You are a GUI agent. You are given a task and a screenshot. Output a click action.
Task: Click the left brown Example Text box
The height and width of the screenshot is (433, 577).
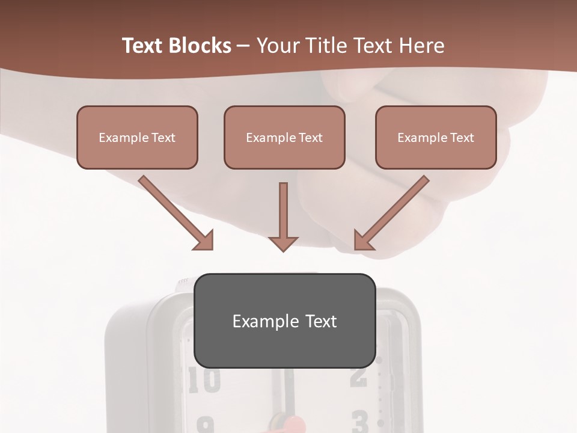click(137, 137)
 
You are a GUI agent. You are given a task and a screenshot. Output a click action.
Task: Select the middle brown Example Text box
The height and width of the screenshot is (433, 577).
click(284, 137)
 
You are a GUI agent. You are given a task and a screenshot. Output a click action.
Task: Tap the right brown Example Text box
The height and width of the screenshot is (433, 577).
click(436, 137)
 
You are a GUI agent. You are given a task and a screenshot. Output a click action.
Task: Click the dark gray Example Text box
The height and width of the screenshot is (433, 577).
click(284, 321)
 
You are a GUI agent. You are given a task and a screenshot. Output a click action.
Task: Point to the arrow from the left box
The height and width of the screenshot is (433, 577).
click(174, 211)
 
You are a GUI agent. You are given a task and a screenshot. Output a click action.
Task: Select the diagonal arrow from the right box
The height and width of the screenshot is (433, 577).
click(393, 211)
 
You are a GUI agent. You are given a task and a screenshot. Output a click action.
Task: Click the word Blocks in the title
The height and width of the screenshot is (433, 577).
click(199, 46)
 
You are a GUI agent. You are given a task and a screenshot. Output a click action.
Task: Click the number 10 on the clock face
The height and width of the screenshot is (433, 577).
click(204, 381)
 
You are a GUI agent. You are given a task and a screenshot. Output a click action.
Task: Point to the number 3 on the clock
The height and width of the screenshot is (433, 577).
click(359, 422)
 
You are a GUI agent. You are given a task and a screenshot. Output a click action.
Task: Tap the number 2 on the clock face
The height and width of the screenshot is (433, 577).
click(359, 376)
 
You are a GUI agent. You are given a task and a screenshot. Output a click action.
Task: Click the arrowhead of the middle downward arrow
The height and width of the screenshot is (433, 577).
click(283, 242)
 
